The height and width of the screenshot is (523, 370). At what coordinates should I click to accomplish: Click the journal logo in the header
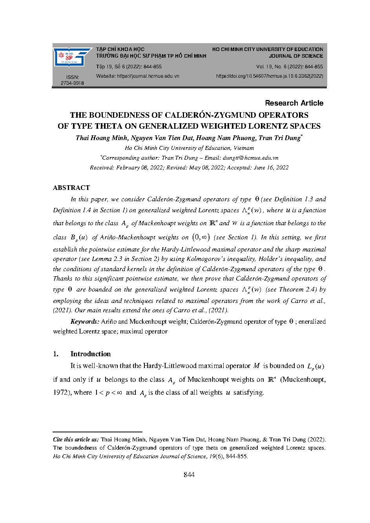(72, 57)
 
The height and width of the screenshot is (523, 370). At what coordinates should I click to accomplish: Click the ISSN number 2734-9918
(72, 83)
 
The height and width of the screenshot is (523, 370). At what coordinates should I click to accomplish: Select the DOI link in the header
(270, 76)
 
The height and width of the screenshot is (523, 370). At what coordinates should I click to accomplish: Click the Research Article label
(294, 103)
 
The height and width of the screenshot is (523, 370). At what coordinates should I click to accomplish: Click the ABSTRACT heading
(71, 188)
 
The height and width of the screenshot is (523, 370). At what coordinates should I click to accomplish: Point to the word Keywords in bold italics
(85, 321)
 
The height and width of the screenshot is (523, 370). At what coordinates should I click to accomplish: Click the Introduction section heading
(90, 354)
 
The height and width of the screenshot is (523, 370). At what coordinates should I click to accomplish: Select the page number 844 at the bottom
(189, 475)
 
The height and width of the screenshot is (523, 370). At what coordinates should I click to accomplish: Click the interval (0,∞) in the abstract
(201, 237)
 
